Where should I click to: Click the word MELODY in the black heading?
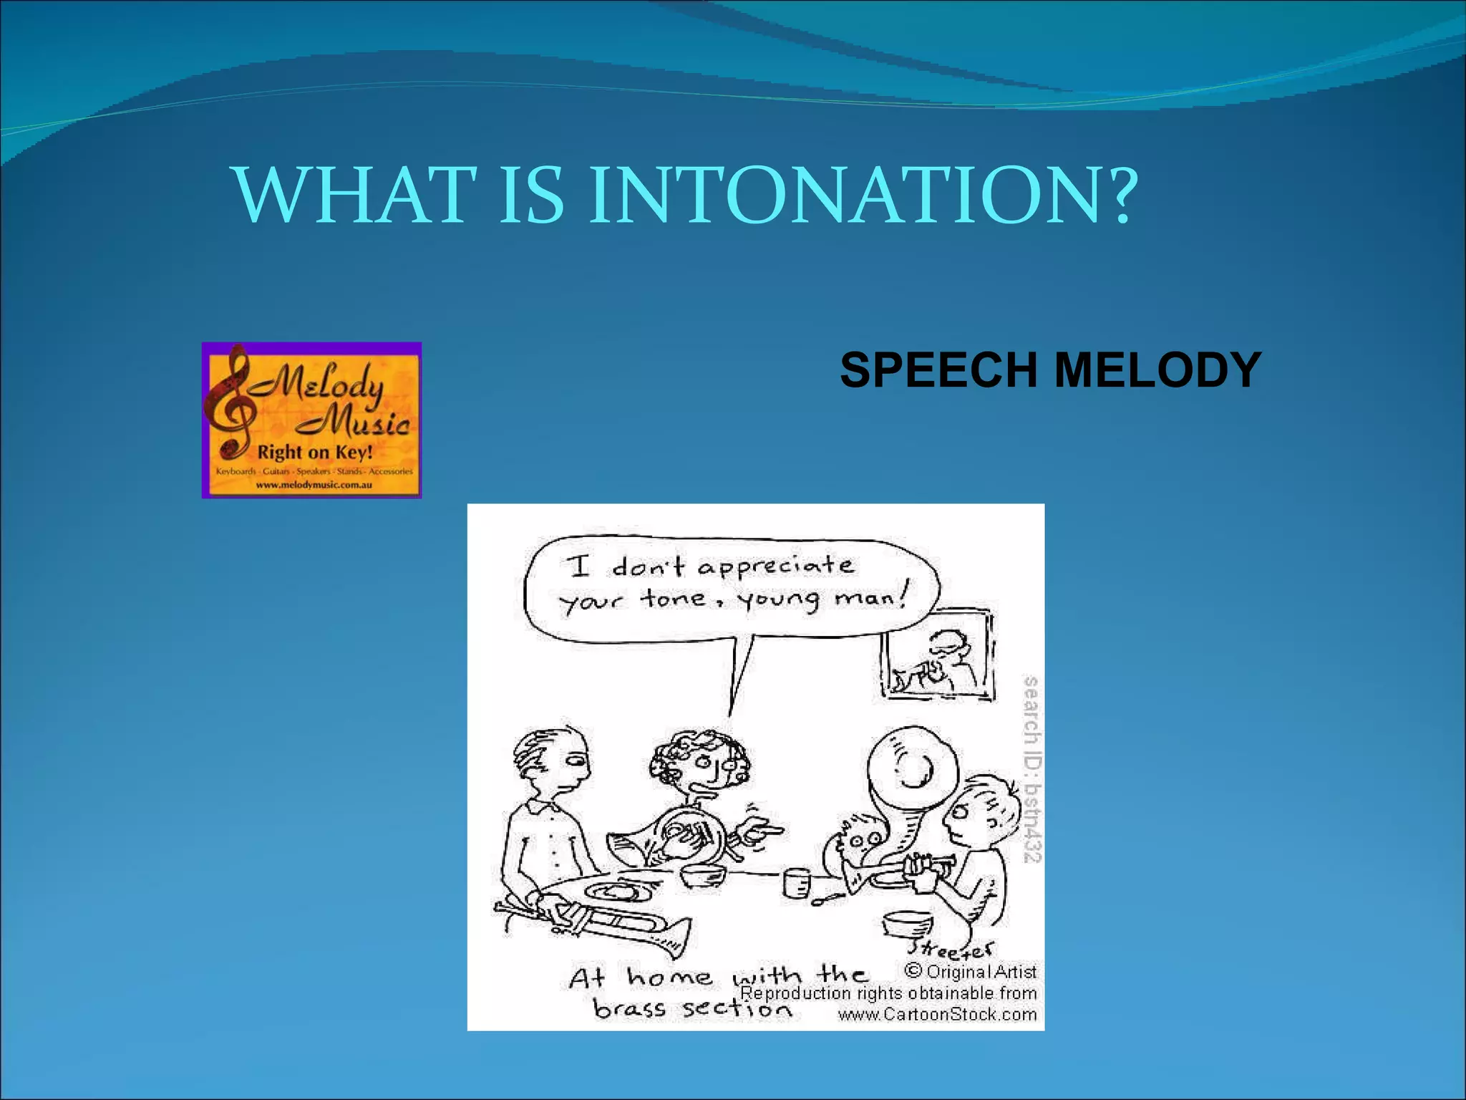pyautogui.click(x=1157, y=370)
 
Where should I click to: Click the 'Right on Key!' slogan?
pyautogui.click(x=315, y=453)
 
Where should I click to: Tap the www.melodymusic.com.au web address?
pyautogui.click(x=314, y=485)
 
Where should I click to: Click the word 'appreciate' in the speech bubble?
pyautogui.click(x=776, y=567)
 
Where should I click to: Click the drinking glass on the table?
pyautogui.click(x=795, y=882)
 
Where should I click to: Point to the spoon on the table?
pyautogui.click(x=827, y=898)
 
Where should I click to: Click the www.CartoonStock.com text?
pyautogui.click(x=937, y=1015)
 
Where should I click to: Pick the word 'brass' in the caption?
pyautogui.click(x=630, y=1009)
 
